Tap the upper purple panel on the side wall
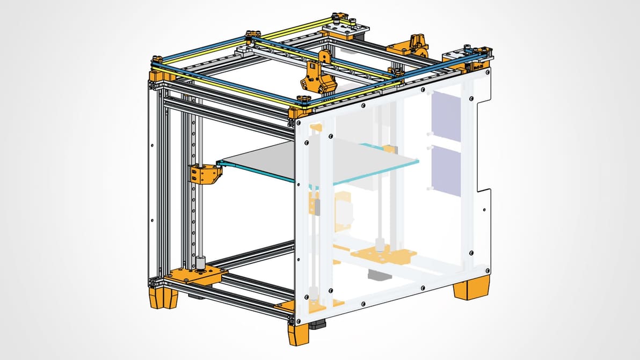pyautogui.click(x=446, y=116)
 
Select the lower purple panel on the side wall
pyautogui.click(x=446, y=167)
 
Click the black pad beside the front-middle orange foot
pyautogui.click(x=321, y=326)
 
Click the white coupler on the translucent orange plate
pyautogui.click(x=380, y=247)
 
